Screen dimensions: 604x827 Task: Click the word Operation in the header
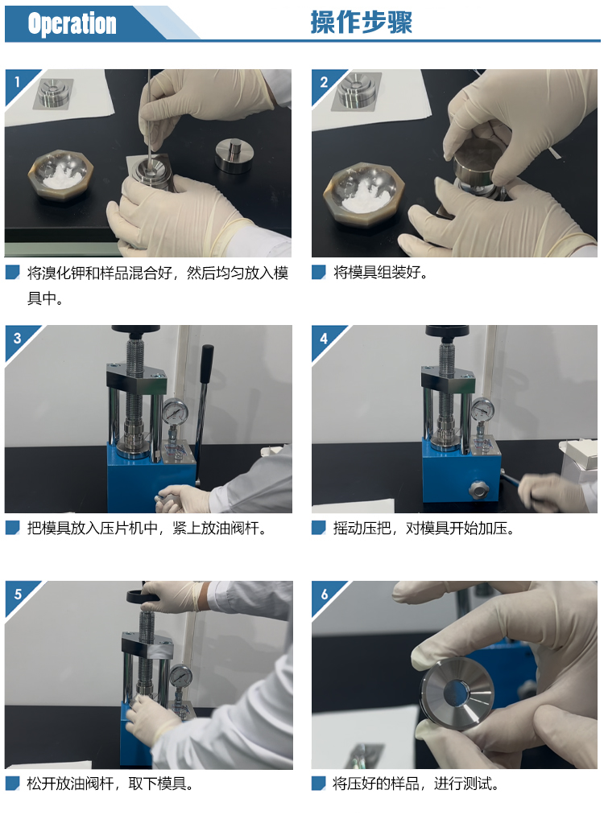[x=72, y=24]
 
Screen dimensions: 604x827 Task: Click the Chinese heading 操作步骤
[x=361, y=23]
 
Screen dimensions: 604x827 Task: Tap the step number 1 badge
[x=18, y=82]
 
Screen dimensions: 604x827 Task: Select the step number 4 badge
[x=324, y=338]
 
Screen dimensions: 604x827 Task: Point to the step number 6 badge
[x=325, y=595]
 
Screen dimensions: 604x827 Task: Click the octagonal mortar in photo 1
[x=60, y=174]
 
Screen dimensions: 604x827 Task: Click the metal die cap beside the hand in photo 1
[x=234, y=155]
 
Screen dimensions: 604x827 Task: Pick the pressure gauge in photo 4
[x=482, y=409]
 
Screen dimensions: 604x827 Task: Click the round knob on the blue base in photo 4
[x=478, y=489]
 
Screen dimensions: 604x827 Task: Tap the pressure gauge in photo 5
[x=180, y=677]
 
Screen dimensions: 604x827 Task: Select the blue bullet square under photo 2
[x=318, y=272]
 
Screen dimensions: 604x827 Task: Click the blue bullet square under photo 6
[x=318, y=784]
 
